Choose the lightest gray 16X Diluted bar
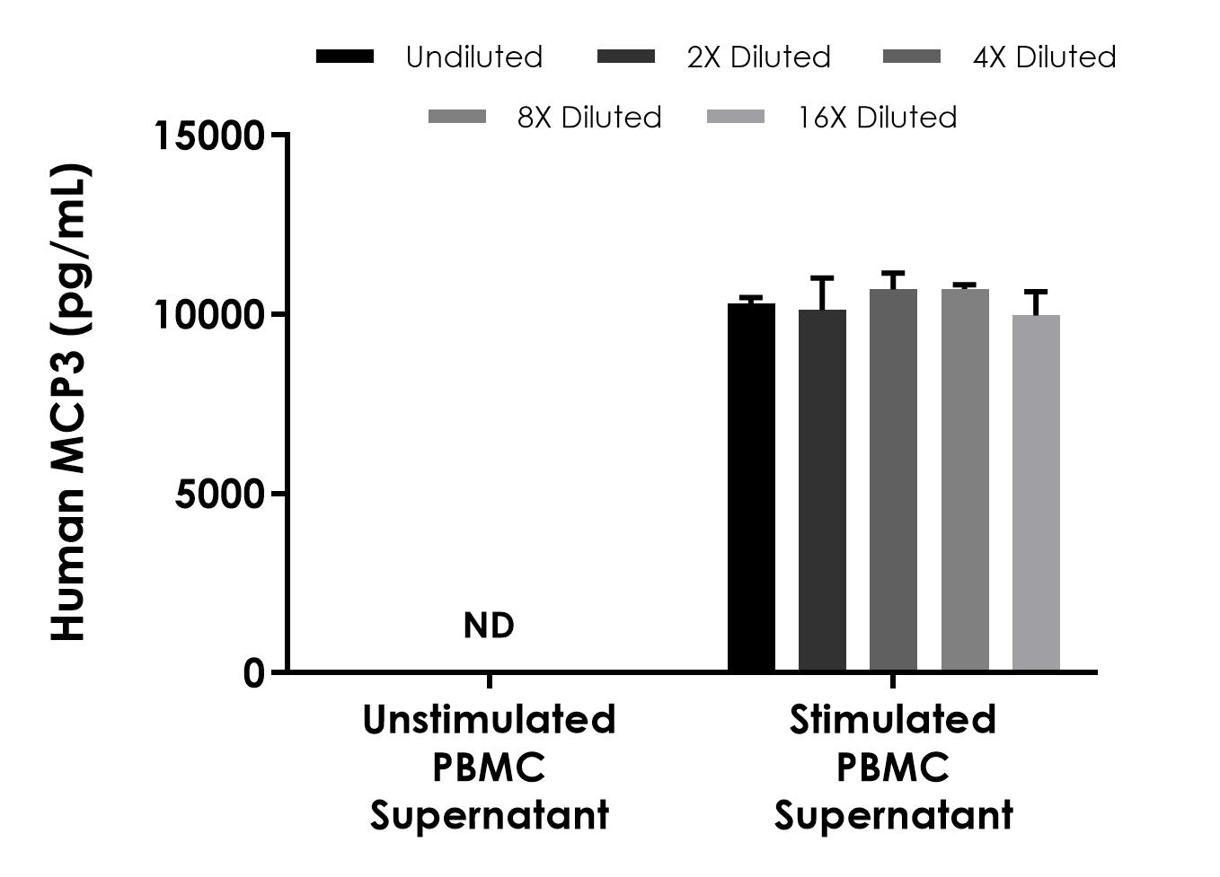point(1036,493)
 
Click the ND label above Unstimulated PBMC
point(489,626)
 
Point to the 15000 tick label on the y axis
point(210,136)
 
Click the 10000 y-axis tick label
point(210,315)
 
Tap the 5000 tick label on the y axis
point(220,494)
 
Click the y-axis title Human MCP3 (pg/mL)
point(68,402)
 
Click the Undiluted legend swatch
point(345,57)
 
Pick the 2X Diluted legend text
point(758,57)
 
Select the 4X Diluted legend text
point(1044,57)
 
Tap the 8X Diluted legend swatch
point(457,117)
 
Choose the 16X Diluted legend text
point(877,118)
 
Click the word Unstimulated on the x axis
point(489,720)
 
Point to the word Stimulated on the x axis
point(893,720)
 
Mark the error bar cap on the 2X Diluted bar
point(822,278)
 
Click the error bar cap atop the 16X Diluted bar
point(1036,292)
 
